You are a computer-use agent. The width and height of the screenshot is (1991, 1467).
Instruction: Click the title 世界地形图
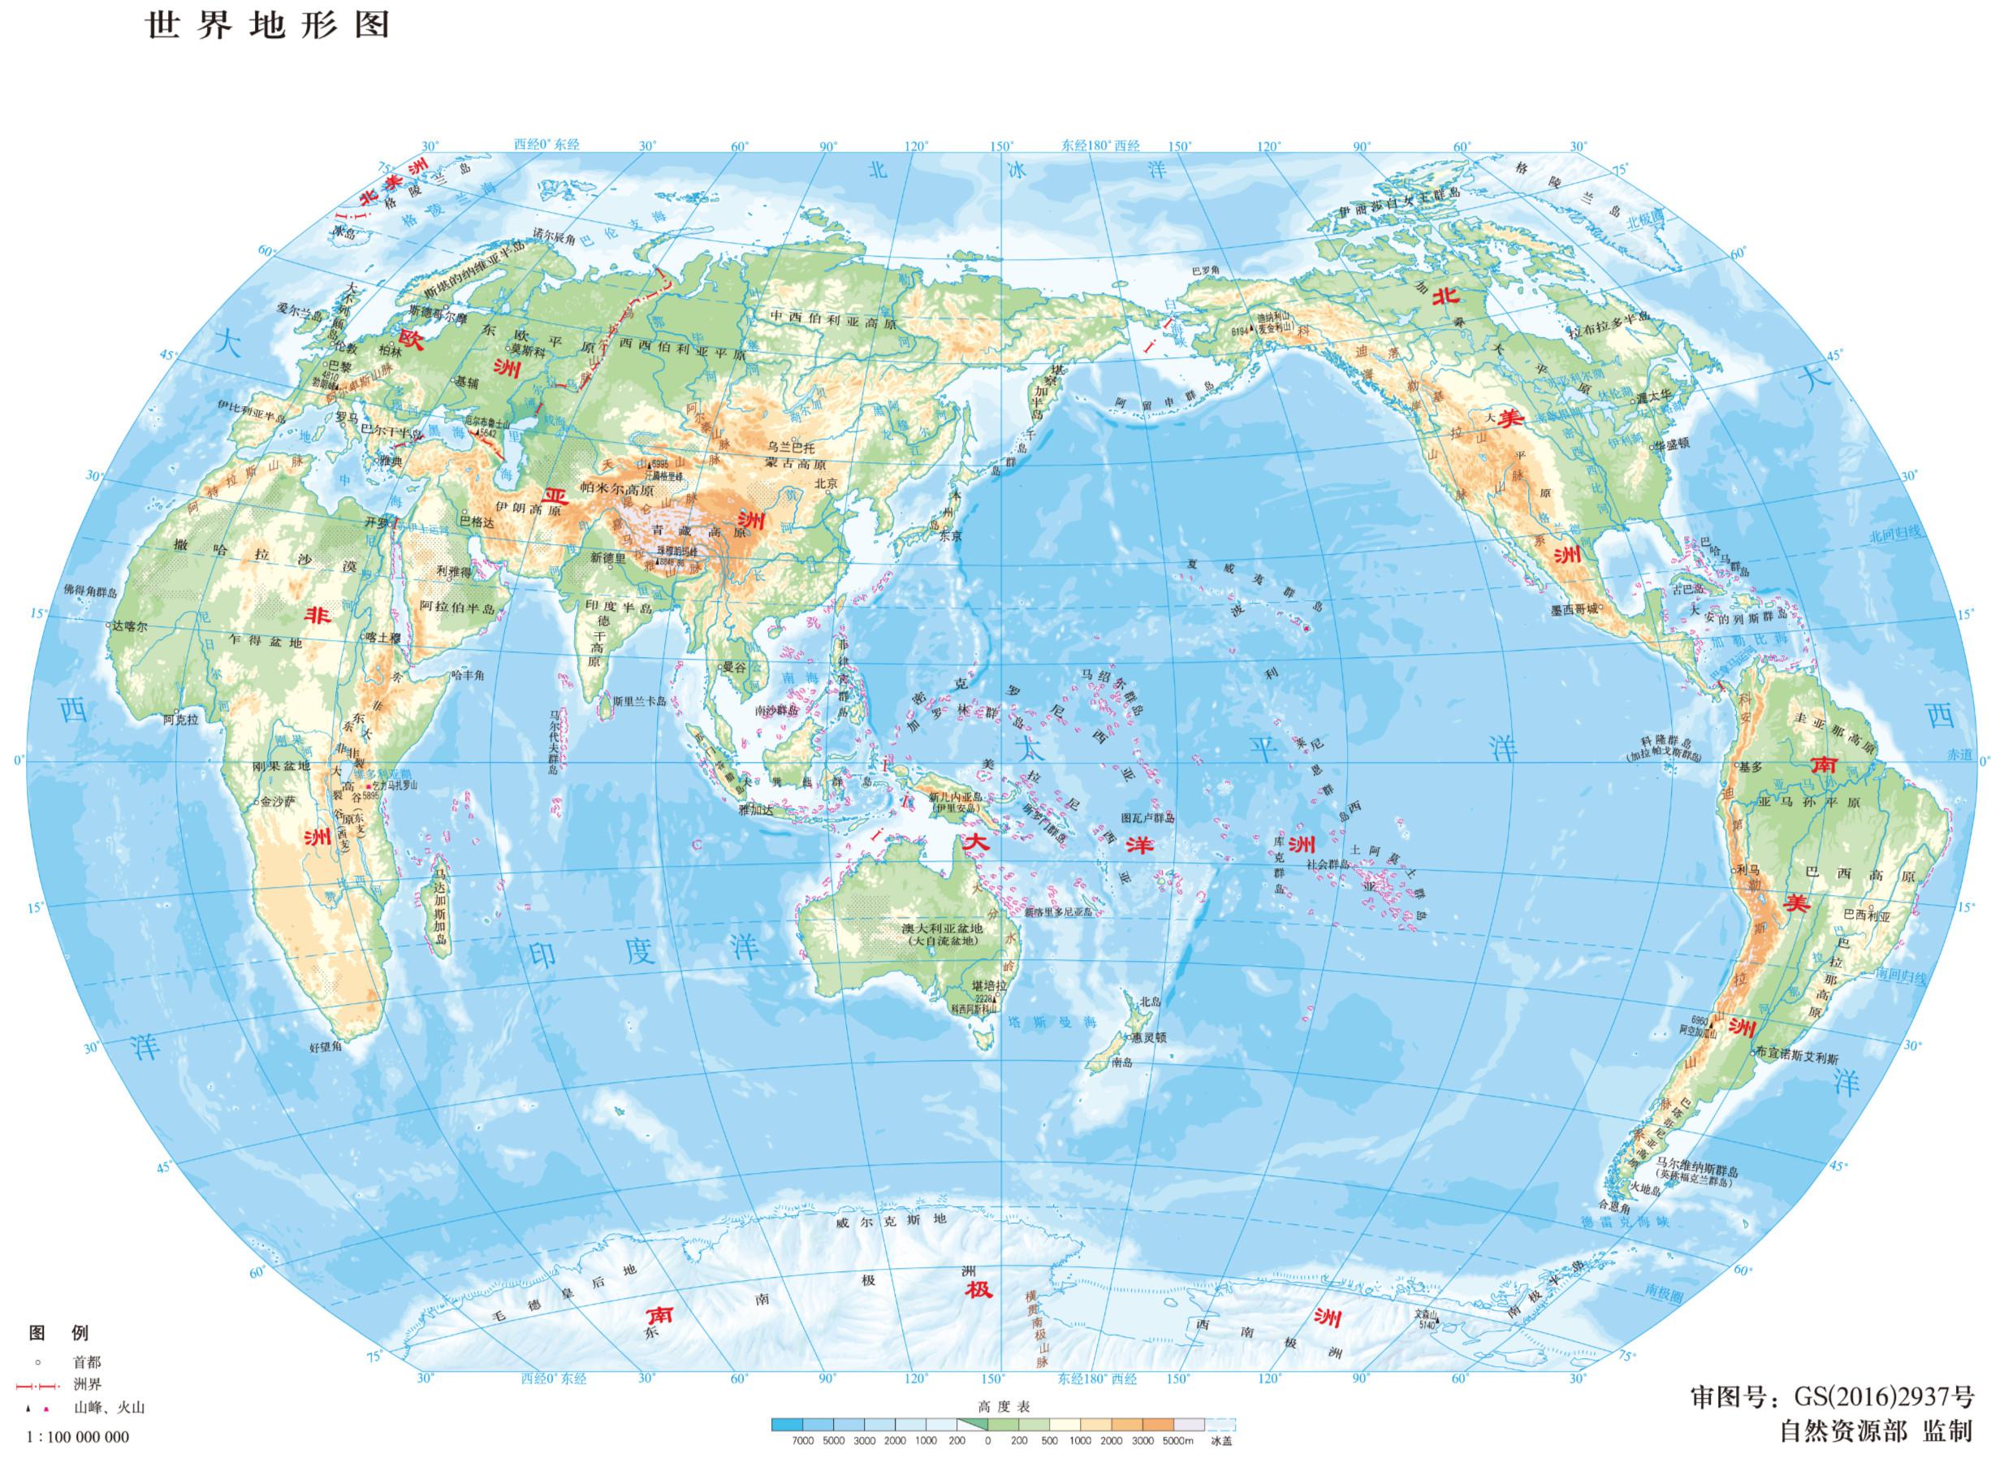coord(267,24)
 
